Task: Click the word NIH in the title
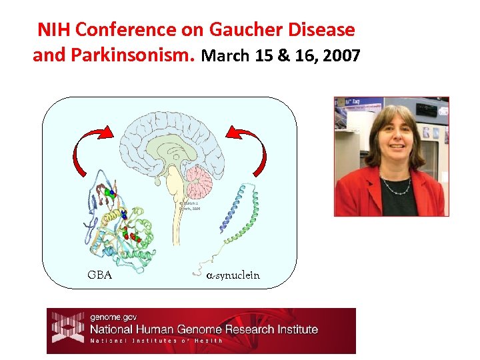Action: (54, 30)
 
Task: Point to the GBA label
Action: (99, 275)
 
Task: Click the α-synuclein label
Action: (233, 275)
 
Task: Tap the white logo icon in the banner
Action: (66, 329)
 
